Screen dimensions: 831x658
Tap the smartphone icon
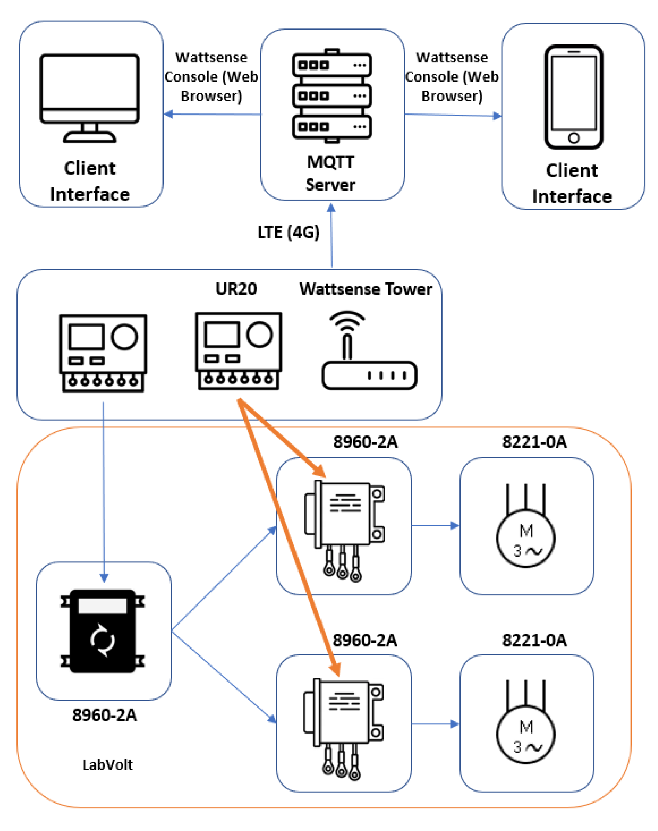click(x=574, y=97)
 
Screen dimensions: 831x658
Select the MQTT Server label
click(x=331, y=173)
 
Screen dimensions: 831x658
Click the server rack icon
click(x=332, y=96)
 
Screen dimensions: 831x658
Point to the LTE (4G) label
click(x=289, y=232)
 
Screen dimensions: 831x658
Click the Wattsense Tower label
click(x=366, y=289)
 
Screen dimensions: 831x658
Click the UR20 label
click(x=236, y=289)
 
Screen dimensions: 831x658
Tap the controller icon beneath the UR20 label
click(x=238, y=351)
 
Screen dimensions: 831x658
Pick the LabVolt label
click(x=107, y=765)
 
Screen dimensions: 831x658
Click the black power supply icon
click(x=103, y=631)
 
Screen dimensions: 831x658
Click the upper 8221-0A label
click(x=534, y=442)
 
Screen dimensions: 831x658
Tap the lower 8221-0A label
click(x=534, y=640)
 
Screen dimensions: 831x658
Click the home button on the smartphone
click(x=574, y=138)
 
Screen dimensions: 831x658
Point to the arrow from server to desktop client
click(x=212, y=114)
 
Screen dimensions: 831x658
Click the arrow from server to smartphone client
click(x=453, y=115)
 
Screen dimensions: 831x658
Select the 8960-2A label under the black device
click(x=104, y=715)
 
